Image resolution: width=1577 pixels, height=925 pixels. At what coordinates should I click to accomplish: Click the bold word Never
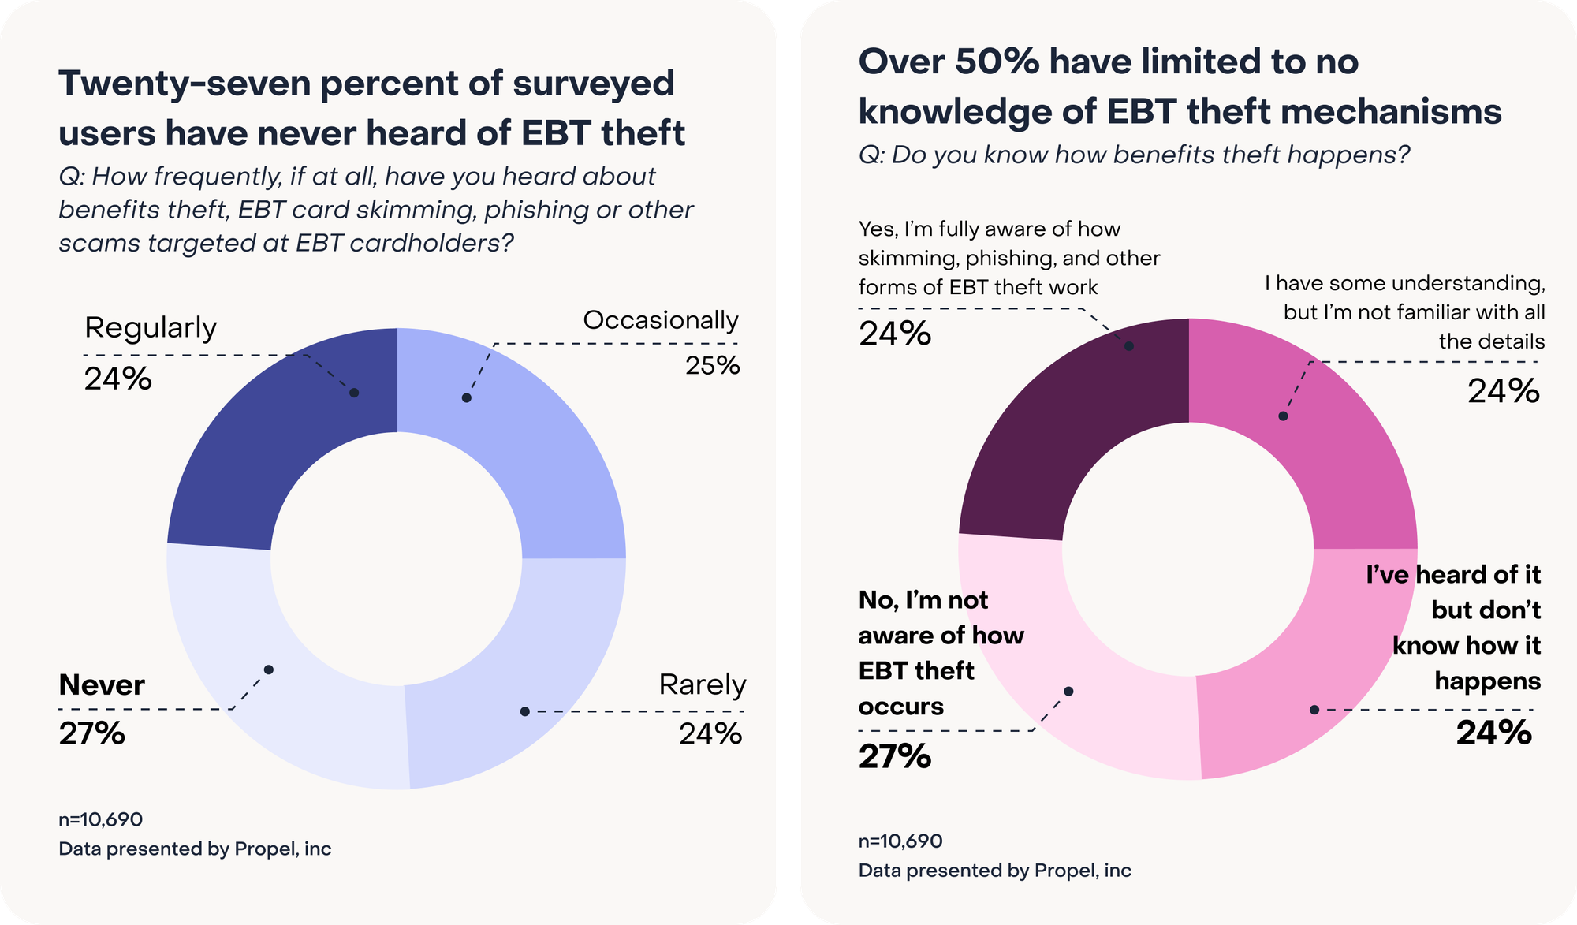click(x=102, y=684)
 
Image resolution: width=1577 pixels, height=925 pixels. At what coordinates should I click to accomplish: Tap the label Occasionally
click(x=660, y=320)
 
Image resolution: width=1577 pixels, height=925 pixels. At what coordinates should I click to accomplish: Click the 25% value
click(x=712, y=365)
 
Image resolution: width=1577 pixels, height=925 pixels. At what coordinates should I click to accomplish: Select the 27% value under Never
click(x=92, y=733)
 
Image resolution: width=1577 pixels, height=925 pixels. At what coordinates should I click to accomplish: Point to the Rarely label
click(x=702, y=684)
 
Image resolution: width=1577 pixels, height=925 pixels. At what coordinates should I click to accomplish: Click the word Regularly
click(x=151, y=327)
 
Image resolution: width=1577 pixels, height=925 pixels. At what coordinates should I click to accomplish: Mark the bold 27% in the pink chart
click(x=895, y=756)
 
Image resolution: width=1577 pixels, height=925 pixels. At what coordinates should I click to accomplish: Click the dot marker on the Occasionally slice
click(x=467, y=398)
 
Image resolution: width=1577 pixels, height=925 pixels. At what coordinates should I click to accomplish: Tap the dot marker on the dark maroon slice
click(x=1129, y=346)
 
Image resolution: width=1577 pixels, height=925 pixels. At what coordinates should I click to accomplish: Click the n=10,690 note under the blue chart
click(x=101, y=819)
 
